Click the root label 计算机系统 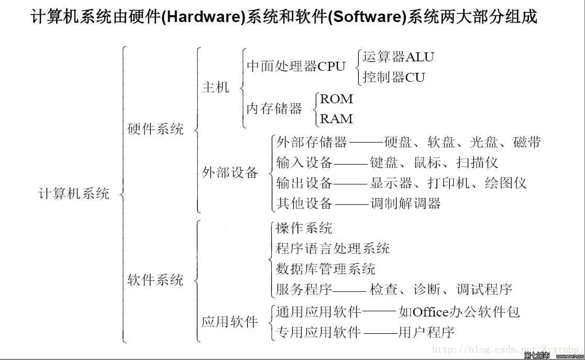pyautogui.click(x=74, y=193)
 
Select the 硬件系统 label pyautogui.click(x=156, y=129)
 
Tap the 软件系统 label pyautogui.click(x=156, y=280)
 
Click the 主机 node pyautogui.click(x=215, y=87)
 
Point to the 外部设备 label pyautogui.click(x=230, y=172)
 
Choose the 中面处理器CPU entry pyautogui.click(x=296, y=67)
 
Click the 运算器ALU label pyautogui.click(x=398, y=57)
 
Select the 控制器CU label pyautogui.click(x=394, y=78)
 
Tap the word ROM pyautogui.click(x=336, y=99)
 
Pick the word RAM pyautogui.click(x=336, y=119)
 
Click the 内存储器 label pyautogui.click(x=274, y=109)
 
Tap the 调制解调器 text pyautogui.click(x=406, y=203)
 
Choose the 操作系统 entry pyautogui.click(x=304, y=228)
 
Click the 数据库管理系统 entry pyautogui.click(x=325, y=269)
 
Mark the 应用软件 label pyautogui.click(x=229, y=322)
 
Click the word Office pyautogui.click(x=431, y=312)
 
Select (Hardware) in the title pyautogui.click(x=203, y=17)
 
